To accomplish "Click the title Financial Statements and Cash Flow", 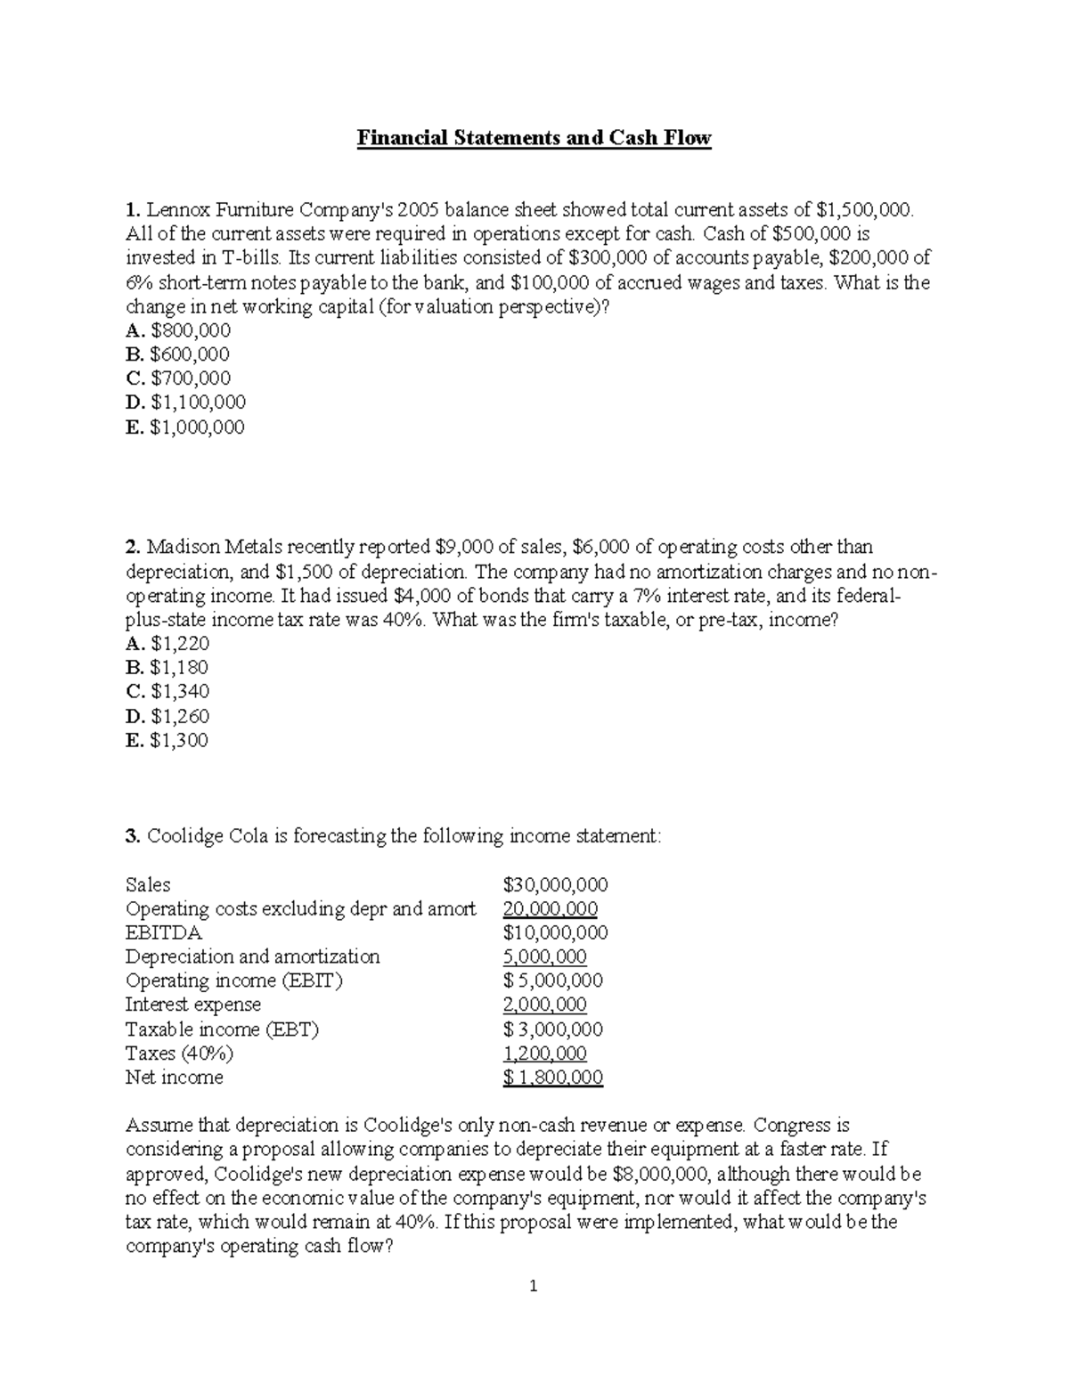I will click(x=534, y=138).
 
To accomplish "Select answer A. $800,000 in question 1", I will click(x=178, y=330).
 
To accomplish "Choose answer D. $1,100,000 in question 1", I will click(x=186, y=403).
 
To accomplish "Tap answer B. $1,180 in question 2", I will click(x=167, y=667).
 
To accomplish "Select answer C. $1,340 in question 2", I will click(x=168, y=691).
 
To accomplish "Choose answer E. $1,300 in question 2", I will click(x=167, y=740).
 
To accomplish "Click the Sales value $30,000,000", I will click(x=555, y=884).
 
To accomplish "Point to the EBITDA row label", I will click(x=164, y=932).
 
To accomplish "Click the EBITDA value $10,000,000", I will click(x=555, y=932).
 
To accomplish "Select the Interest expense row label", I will click(x=193, y=1005).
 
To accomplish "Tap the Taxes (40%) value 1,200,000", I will click(x=544, y=1054).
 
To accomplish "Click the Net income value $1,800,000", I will click(x=552, y=1078).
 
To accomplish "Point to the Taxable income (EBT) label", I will click(x=222, y=1029).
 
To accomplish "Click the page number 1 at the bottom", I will click(x=534, y=1285).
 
